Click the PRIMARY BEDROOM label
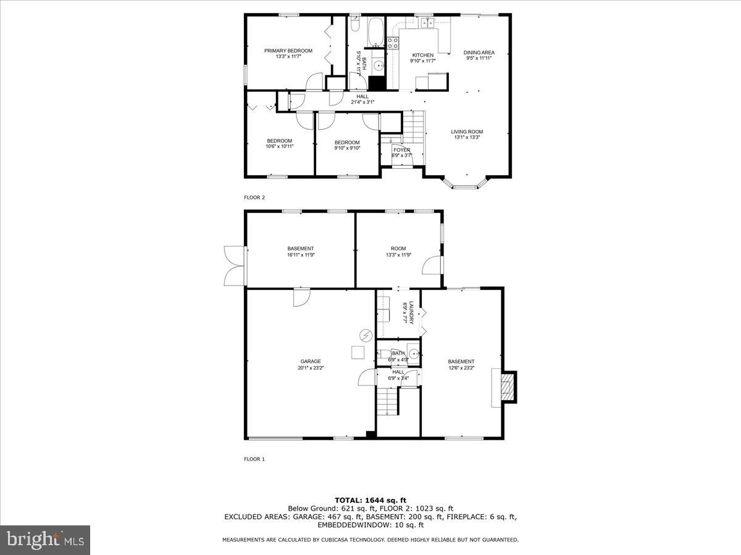288,51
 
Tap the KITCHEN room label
423,55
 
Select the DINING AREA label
479,52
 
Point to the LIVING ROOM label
467,131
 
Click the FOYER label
402,150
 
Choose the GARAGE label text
311,361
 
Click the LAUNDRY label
410,312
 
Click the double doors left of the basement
235,266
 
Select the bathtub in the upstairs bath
375,30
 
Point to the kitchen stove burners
393,43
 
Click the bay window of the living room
466,184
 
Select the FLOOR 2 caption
254,197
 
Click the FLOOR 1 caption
254,459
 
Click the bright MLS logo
46,540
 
